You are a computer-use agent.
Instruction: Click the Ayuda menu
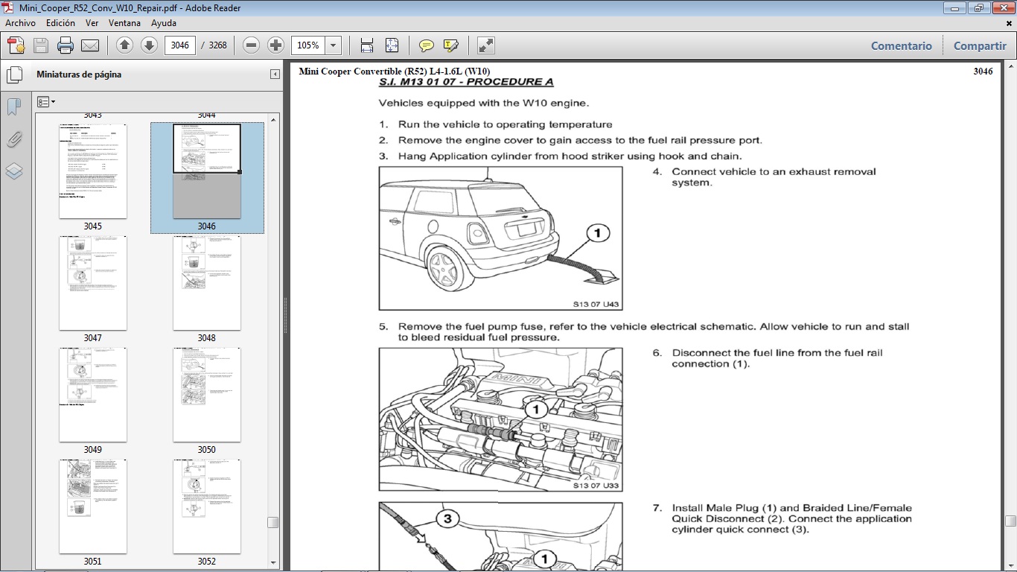click(x=163, y=23)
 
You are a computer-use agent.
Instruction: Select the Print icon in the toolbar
click(x=66, y=45)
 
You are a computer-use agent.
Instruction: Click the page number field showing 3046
click(x=179, y=45)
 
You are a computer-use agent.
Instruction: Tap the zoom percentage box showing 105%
click(x=307, y=45)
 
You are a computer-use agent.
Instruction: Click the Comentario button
click(x=901, y=45)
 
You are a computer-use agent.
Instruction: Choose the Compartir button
click(x=980, y=45)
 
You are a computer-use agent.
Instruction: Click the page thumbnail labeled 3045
click(x=93, y=171)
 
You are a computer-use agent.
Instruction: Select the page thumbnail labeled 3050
click(x=207, y=395)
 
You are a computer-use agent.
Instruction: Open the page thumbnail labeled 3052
click(x=207, y=506)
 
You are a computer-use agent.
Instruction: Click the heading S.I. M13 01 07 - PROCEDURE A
click(x=466, y=82)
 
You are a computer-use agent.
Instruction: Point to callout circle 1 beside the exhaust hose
click(x=596, y=234)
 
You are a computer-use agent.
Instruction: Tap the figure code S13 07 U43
click(x=596, y=304)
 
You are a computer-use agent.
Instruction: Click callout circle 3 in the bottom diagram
click(x=447, y=519)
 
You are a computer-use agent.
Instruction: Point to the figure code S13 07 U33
click(x=596, y=486)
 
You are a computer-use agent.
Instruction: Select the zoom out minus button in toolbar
click(x=252, y=45)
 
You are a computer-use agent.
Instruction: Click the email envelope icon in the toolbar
click(x=90, y=45)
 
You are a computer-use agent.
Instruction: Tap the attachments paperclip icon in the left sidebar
click(x=14, y=139)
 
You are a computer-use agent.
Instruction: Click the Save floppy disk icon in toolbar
click(x=41, y=45)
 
